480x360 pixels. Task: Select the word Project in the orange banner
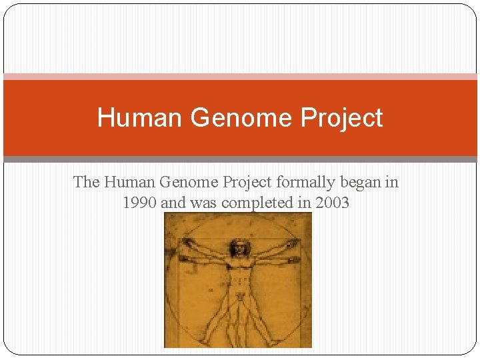pyautogui.click(x=341, y=118)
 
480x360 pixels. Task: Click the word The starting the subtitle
pyautogui.click(x=87, y=181)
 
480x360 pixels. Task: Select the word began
pyautogui.click(x=360, y=181)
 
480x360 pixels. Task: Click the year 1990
pyautogui.click(x=139, y=203)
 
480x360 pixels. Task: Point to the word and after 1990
pyautogui.click(x=173, y=203)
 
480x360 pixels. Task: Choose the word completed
pyautogui.click(x=256, y=203)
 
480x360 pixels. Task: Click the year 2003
pyautogui.click(x=331, y=203)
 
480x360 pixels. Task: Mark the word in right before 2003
pyautogui.click(x=305, y=203)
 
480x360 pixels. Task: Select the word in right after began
pyautogui.click(x=391, y=181)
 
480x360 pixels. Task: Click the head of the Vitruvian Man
pyautogui.click(x=238, y=248)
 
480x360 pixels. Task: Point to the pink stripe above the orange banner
pyautogui.click(x=240, y=77)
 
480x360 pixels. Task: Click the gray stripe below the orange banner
pyautogui.click(x=240, y=159)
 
